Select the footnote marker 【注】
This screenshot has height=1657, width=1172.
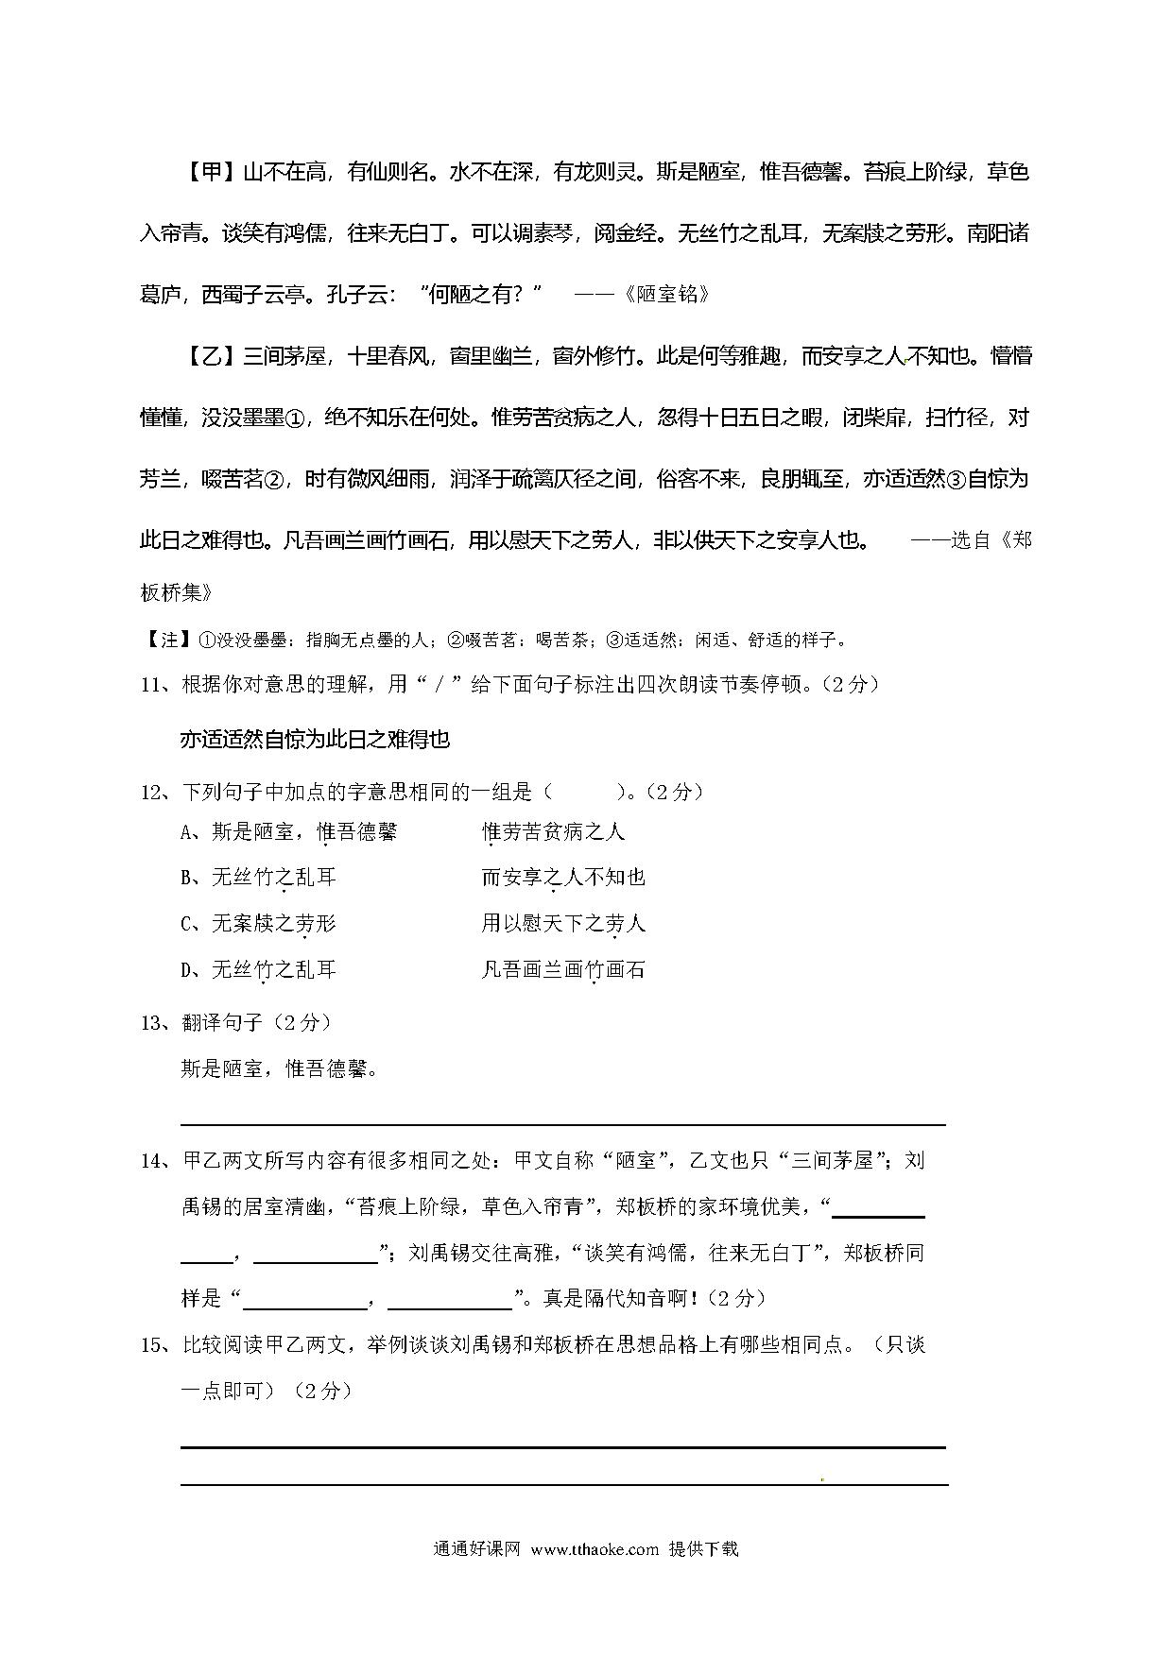pyautogui.click(x=168, y=641)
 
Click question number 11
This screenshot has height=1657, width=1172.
pyautogui.click(x=152, y=685)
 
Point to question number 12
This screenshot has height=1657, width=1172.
pyautogui.click(x=152, y=793)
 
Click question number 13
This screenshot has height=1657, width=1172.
pyautogui.click(x=152, y=1022)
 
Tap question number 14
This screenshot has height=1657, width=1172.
pyautogui.click(x=152, y=1161)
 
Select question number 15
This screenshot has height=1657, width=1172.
pyautogui.click(x=152, y=1345)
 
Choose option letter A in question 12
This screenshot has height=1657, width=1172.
pyautogui.click(x=187, y=832)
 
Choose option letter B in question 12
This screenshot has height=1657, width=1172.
pyautogui.click(x=187, y=879)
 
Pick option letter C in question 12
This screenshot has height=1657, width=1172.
pyautogui.click(x=187, y=924)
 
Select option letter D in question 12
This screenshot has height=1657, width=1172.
pyautogui.click(x=187, y=970)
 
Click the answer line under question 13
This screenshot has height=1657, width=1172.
pyautogui.click(x=562, y=1123)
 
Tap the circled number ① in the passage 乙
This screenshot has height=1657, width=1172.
pyautogui.click(x=295, y=419)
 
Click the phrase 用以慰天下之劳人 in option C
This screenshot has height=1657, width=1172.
pyautogui.click(x=563, y=923)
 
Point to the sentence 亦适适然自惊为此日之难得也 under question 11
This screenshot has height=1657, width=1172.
pyautogui.click(x=315, y=740)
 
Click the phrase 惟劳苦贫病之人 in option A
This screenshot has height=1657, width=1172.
pyautogui.click(x=553, y=832)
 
